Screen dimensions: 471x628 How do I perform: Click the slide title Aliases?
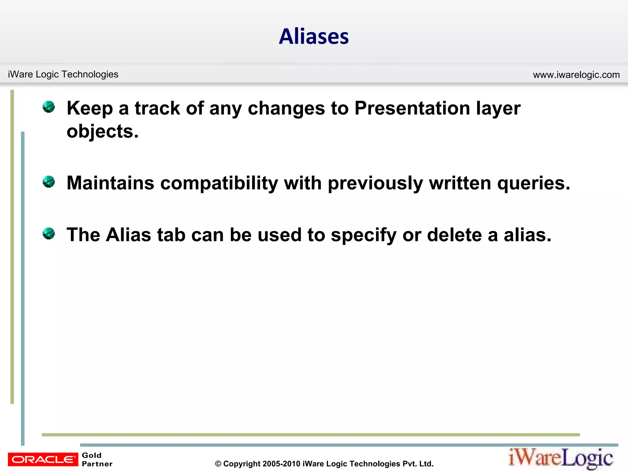click(x=314, y=36)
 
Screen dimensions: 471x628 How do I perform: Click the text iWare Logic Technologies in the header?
click(x=63, y=74)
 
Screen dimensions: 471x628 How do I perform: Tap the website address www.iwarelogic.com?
click(x=576, y=75)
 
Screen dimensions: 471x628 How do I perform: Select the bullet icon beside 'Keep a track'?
click(x=49, y=107)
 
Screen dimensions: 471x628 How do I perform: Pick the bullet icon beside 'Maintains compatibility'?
click(x=49, y=182)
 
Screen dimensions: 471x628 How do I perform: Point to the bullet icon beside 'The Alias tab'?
click(x=49, y=233)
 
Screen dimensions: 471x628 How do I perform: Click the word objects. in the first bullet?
click(x=103, y=132)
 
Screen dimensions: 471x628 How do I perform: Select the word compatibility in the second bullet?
click(x=219, y=183)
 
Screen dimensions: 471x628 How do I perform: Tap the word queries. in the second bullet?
click(x=534, y=183)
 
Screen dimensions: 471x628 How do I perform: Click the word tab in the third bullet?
click(x=171, y=235)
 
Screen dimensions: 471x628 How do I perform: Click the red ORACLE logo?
click(x=43, y=459)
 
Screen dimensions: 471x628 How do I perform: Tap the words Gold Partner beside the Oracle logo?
click(x=97, y=459)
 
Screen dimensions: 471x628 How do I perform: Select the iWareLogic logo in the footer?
click(x=561, y=458)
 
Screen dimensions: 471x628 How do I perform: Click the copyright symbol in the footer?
click(x=218, y=464)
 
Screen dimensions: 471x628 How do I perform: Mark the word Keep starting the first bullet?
click(x=90, y=108)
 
